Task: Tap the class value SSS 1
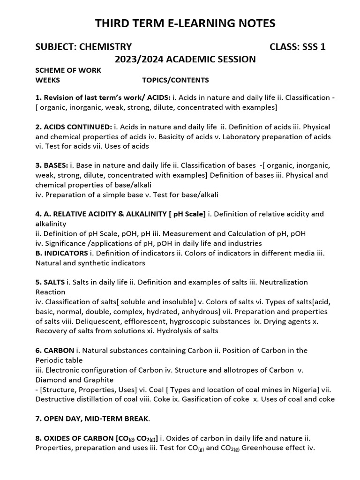308,46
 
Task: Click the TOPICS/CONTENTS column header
175,80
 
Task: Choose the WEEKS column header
48,80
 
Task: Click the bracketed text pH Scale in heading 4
187,214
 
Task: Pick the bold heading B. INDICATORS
61,253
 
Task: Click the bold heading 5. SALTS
50,282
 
